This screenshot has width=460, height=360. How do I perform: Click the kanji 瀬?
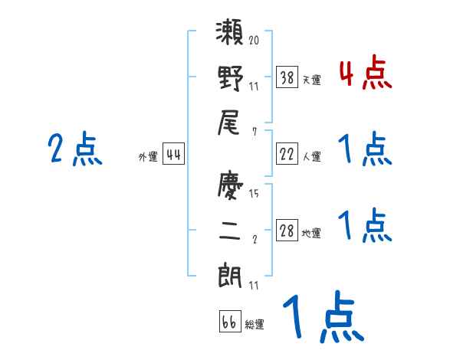230,36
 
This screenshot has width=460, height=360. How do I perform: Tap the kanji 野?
230,78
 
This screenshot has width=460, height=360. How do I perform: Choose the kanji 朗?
230,274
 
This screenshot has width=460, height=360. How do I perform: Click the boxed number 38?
287,77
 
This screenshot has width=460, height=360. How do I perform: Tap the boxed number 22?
287,155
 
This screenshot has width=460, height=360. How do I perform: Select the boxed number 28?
287,231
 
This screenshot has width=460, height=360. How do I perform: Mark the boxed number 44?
173,155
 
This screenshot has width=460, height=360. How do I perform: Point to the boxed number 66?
229,321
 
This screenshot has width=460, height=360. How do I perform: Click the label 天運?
311,80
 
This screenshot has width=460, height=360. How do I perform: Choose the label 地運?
311,233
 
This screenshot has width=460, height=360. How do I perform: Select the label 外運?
148,157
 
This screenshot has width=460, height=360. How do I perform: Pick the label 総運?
255,324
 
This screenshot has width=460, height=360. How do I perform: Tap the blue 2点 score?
74,149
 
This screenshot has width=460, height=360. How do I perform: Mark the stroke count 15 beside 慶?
254,193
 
